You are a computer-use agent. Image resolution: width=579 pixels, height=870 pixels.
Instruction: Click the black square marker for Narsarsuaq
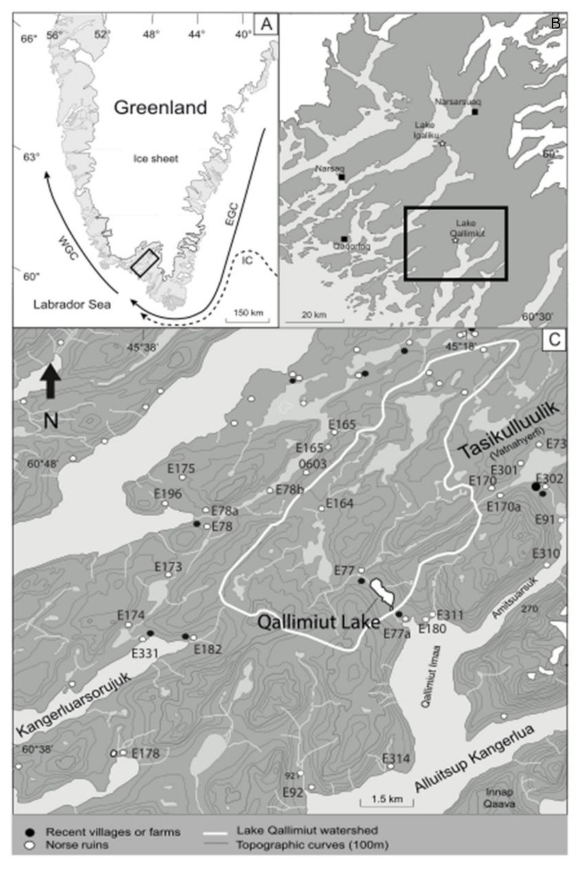[x=475, y=112]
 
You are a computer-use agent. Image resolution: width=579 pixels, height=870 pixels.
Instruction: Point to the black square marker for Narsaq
[x=342, y=177]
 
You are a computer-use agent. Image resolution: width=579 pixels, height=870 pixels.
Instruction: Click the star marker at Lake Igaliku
[x=442, y=144]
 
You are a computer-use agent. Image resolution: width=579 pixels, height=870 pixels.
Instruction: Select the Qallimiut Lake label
[x=319, y=623]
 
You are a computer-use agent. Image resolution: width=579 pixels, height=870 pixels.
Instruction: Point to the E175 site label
[x=181, y=469]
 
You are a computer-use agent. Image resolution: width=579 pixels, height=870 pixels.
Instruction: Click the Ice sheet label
[x=156, y=159]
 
